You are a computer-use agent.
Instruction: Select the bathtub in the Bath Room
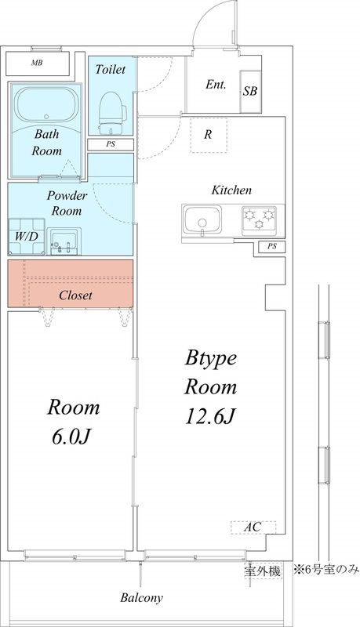[x=44, y=105]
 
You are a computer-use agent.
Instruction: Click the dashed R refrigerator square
[x=208, y=134]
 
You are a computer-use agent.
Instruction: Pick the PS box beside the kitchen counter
[x=271, y=247]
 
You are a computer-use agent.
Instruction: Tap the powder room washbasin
[x=65, y=242]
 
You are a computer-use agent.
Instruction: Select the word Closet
[x=76, y=296]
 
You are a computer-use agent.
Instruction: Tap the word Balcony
[x=141, y=598]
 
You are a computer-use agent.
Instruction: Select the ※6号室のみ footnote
[x=325, y=569]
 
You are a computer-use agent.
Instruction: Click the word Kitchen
[x=231, y=190]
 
